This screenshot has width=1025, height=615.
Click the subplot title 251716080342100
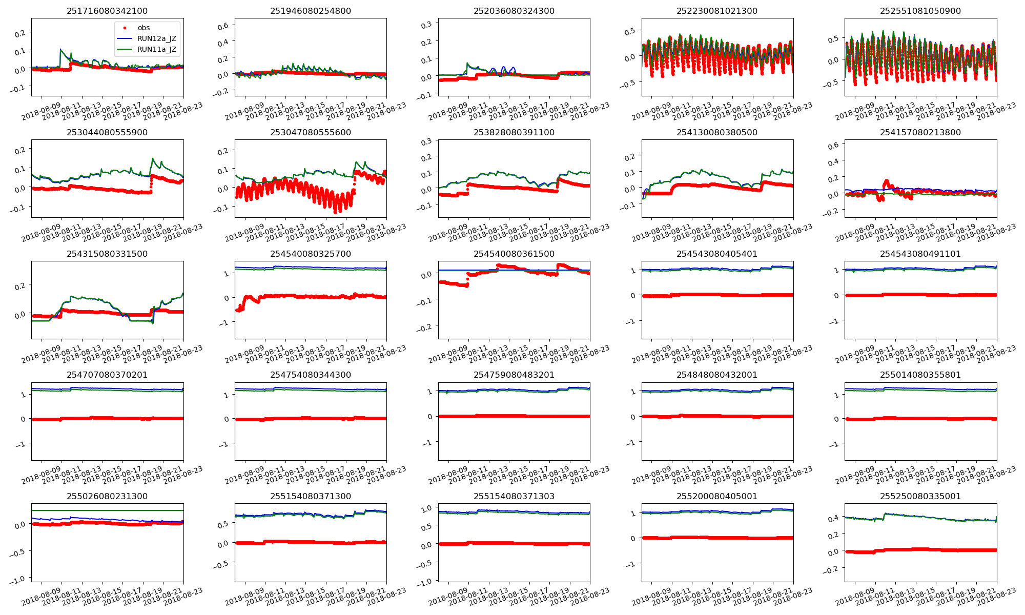(107, 11)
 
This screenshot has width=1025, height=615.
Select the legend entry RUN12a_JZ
(156, 38)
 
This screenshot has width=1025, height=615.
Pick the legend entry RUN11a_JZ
(156, 49)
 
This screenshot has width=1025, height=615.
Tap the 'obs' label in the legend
(143, 28)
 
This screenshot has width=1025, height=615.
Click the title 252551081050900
(920, 11)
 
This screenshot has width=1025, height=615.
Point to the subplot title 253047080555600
(311, 132)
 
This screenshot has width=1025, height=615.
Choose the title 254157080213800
(920, 132)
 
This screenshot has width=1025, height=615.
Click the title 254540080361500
(514, 254)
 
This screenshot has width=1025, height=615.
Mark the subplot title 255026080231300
(107, 496)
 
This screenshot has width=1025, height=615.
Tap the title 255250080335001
(920, 496)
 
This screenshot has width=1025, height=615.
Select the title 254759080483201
(514, 375)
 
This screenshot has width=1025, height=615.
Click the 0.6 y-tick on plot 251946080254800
(223, 26)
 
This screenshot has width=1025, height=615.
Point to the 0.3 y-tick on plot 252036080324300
(426, 24)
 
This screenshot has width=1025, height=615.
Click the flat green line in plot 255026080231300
(107, 510)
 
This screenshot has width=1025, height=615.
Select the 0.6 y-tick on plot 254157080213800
(833, 146)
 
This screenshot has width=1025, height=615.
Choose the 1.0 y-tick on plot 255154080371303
(426, 508)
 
